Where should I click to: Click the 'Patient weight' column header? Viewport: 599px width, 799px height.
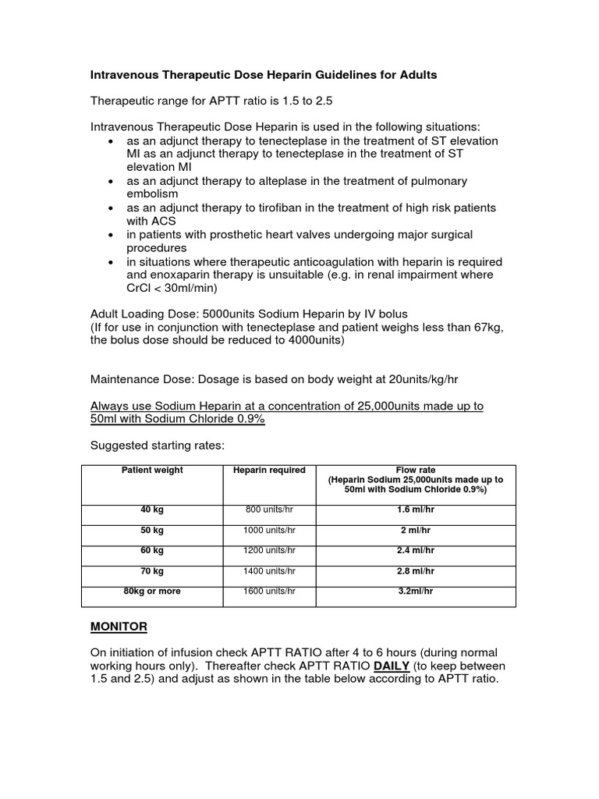point(152,470)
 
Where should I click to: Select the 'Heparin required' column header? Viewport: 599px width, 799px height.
point(270,470)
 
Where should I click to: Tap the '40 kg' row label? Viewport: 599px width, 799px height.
point(152,510)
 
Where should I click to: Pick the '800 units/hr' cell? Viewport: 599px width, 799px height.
point(270,510)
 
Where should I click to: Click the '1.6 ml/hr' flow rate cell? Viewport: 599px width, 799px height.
point(415,510)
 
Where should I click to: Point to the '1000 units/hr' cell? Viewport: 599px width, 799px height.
point(270,530)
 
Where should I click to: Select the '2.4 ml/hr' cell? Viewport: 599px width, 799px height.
point(415,550)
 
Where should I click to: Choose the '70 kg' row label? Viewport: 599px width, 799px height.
point(152,571)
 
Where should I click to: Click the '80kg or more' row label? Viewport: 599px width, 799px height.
point(152,591)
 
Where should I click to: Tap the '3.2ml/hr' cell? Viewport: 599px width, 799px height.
point(415,591)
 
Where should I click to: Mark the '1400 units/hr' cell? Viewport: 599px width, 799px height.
point(270,571)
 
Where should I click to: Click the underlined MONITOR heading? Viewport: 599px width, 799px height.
point(119,627)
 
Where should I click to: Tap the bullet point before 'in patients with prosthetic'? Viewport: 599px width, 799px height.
point(113,235)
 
